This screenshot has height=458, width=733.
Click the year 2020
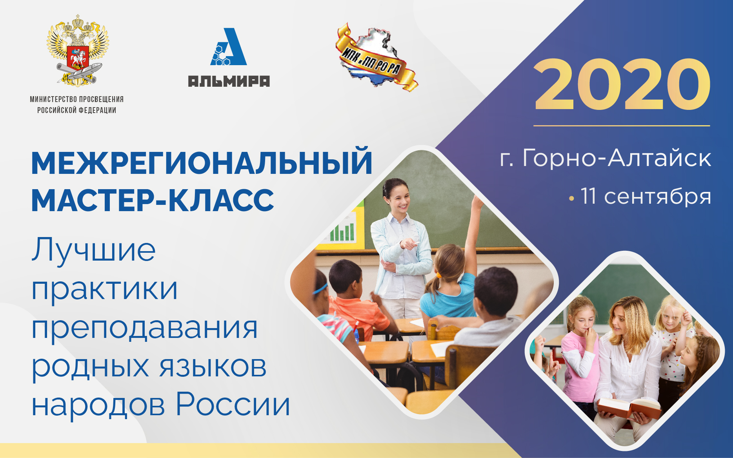click(x=622, y=84)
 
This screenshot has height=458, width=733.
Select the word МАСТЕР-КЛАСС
click(x=153, y=201)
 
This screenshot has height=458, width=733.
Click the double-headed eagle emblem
click(x=78, y=50)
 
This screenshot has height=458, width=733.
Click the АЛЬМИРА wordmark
click(x=229, y=81)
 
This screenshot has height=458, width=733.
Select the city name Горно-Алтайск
click(x=617, y=158)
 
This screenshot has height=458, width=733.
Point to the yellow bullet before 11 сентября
click(x=571, y=199)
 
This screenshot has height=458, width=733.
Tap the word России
click(x=233, y=405)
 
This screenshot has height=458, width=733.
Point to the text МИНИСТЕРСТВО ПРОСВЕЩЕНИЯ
click(x=77, y=99)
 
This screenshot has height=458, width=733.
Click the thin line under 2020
click(x=622, y=126)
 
